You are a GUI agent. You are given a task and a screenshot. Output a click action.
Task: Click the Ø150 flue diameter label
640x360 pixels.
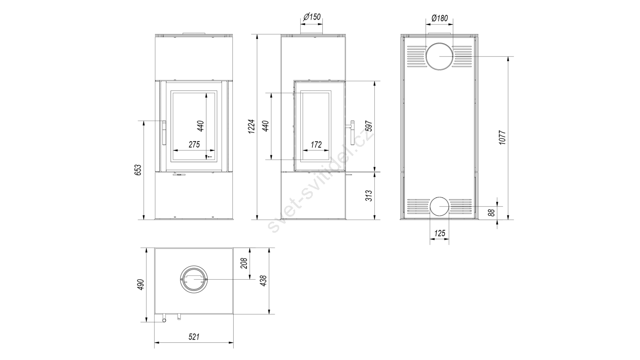click(312, 17)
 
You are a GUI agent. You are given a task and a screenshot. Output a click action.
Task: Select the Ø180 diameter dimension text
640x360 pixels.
click(440, 18)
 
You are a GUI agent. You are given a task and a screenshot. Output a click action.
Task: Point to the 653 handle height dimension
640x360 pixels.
click(138, 170)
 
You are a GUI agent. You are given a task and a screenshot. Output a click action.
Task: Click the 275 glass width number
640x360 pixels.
click(194, 144)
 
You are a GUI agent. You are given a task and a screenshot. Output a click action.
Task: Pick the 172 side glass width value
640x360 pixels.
click(316, 144)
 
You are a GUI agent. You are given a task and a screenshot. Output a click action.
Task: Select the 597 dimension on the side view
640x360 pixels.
click(369, 126)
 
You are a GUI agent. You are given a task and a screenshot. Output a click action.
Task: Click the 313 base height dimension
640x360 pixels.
click(369, 196)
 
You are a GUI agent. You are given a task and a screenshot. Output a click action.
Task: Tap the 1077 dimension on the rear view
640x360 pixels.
click(502, 138)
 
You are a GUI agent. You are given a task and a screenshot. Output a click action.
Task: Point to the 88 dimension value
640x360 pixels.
click(492, 212)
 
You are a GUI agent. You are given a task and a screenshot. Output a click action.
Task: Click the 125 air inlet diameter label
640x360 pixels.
click(440, 234)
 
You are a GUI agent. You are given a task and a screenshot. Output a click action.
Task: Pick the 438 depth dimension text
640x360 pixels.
click(263, 281)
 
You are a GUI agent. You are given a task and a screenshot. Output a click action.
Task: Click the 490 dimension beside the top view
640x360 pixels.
click(141, 285)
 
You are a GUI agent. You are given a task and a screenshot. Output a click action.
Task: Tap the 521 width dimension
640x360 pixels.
click(194, 337)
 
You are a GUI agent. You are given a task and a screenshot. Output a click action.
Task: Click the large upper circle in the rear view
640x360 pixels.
click(440, 44)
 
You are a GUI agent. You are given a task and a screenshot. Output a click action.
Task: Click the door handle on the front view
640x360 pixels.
click(164, 133)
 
